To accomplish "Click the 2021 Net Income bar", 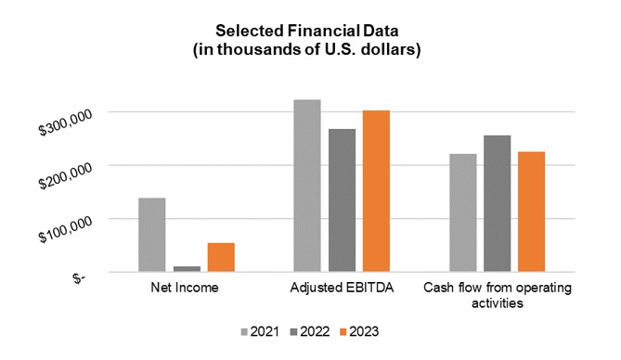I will tap(152, 235).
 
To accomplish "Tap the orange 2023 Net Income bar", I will tap(221, 257).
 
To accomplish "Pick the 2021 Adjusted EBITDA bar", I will tap(307, 186).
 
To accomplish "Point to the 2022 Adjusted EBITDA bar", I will tap(342, 200).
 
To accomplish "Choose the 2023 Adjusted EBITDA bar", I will tap(376, 191).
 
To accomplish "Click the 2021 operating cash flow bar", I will tap(462, 212).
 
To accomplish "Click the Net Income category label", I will tap(185, 288).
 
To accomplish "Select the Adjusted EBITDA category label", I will tap(342, 288).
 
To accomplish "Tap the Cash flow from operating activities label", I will tap(497, 295).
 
